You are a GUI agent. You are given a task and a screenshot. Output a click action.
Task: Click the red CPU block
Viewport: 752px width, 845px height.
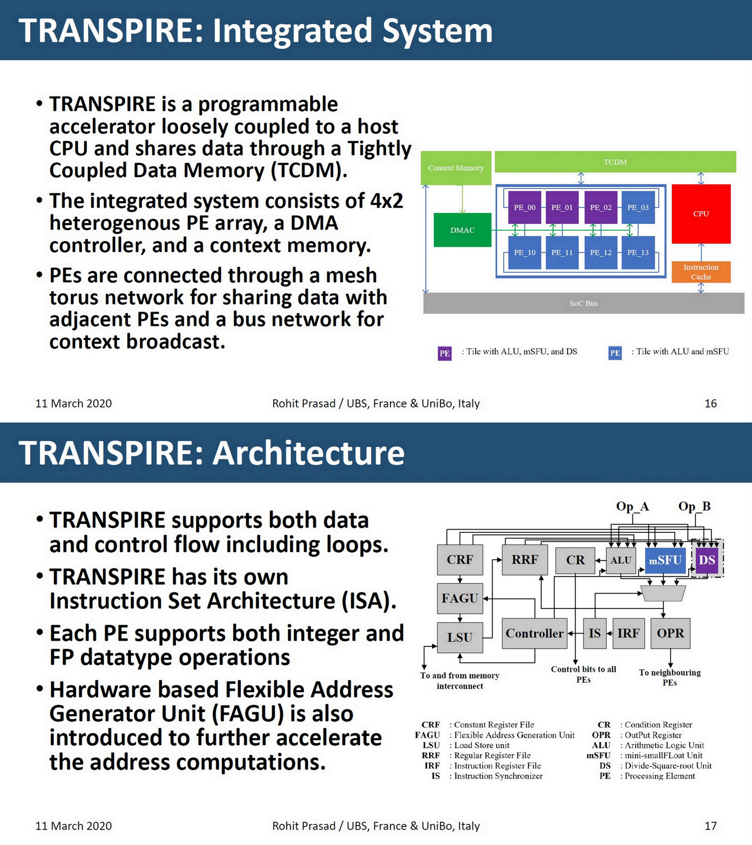[x=701, y=214]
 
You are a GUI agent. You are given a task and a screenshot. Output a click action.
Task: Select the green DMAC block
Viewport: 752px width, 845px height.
[x=462, y=230]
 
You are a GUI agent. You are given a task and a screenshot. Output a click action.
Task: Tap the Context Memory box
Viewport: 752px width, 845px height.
[x=456, y=168]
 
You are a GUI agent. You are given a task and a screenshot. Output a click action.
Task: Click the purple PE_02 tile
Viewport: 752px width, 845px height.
[x=600, y=208]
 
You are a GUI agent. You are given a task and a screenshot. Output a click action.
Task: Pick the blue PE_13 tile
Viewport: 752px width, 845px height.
[x=638, y=253]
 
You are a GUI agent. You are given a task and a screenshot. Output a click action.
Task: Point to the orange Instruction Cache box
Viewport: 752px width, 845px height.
[x=701, y=272]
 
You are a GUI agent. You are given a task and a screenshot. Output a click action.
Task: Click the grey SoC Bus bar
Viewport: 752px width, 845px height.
[x=583, y=303]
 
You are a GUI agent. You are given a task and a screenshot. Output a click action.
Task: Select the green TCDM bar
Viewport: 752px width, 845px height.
[x=615, y=162]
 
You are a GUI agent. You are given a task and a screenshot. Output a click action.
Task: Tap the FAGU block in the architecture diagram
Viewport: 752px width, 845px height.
[x=460, y=598]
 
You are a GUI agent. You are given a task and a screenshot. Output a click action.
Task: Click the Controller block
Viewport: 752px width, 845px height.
[x=534, y=633]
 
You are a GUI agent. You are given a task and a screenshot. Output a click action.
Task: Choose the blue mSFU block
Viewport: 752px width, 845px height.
[x=665, y=560]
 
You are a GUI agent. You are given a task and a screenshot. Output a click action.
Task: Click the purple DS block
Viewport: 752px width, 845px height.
[x=707, y=560]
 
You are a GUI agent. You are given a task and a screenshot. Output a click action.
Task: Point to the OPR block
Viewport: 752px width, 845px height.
[x=670, y=633]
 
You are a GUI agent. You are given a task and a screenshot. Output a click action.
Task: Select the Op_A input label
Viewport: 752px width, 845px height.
[x=632, y=506]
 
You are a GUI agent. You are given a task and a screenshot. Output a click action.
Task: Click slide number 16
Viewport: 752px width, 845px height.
[x=710, y=403]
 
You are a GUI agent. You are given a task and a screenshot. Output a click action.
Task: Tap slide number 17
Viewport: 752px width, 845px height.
[x=710, y=826]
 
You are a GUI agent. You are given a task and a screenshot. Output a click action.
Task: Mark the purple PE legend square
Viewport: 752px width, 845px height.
[x=444, y=353]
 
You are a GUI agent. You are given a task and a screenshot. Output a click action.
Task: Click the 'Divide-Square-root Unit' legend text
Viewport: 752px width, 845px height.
[x=668, y=766]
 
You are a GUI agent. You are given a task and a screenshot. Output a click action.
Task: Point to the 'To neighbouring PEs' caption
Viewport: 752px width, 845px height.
[x=670, y=678]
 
